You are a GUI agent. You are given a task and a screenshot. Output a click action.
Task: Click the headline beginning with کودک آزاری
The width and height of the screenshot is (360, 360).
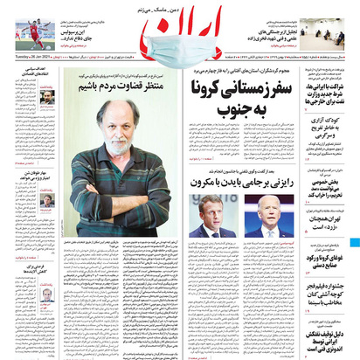tap(331, 133)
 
